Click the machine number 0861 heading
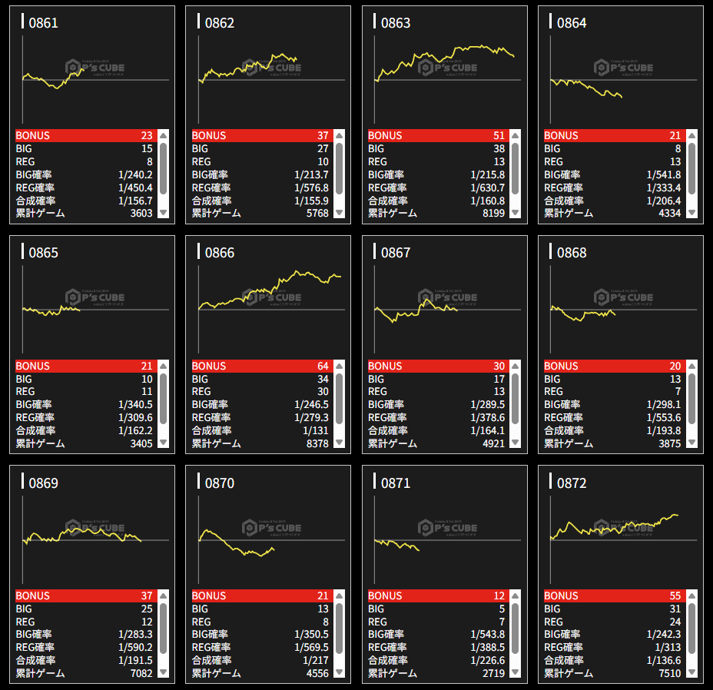click(43, 23)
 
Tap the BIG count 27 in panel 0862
click(323, 149)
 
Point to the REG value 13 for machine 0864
click(675, 162)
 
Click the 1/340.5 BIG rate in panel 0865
click(135, 405)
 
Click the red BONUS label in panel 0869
click(33, 596)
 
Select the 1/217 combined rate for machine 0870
click(315, 661)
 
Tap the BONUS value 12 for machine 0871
click(499, 596)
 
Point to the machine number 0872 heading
click(572, 483)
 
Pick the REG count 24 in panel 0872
click(675, 622)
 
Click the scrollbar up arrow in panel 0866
click(340, 367)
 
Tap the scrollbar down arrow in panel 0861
click(163, 213)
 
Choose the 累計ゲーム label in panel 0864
click(569, 214)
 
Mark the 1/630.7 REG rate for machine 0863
click(488, 188)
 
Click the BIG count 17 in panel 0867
click(499, 380)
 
